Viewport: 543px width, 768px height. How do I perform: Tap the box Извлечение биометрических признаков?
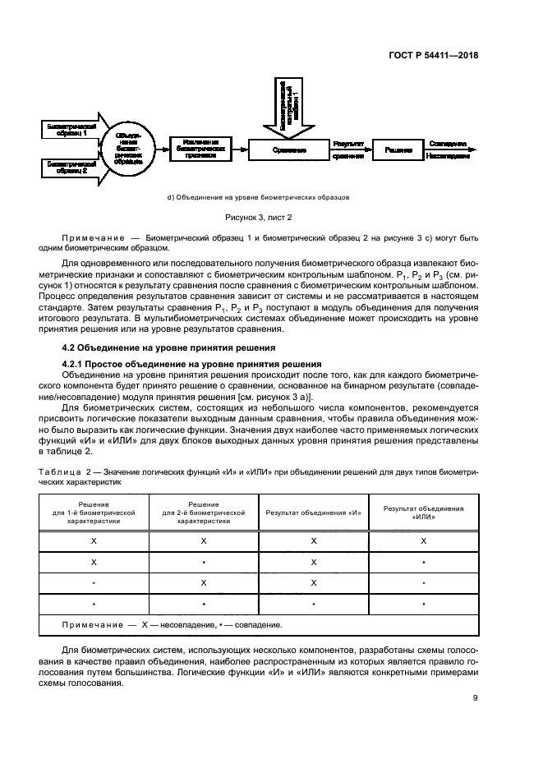pos(200,149)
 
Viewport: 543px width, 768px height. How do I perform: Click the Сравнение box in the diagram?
pos(289,149)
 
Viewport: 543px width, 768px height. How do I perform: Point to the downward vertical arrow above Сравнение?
pos(285,107)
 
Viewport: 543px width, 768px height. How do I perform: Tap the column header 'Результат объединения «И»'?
pos(314,513)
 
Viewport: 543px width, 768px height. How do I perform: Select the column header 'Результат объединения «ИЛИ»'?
pos(423,513)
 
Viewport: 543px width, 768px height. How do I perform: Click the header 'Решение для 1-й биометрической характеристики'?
pos(94,513)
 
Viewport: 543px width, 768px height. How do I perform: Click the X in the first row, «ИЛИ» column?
pos(423,540)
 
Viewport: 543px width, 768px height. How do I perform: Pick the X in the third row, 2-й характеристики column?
pos(203,582)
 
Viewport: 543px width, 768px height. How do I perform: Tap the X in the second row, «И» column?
pos(314,562)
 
